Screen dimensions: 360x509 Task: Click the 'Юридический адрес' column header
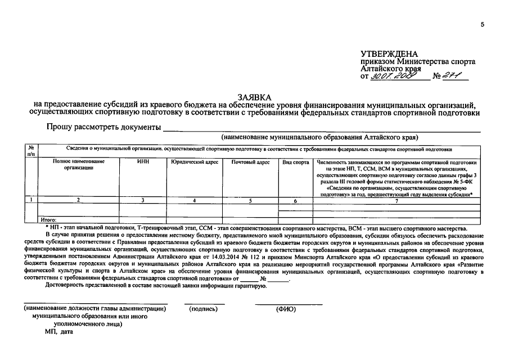tap(193, 162)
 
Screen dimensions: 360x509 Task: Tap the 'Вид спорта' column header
tap(295, 162)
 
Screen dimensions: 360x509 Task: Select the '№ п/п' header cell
tap(31, 150)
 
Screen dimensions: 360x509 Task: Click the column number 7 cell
tap(396, 200)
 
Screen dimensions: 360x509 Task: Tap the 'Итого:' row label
tap(49, 220)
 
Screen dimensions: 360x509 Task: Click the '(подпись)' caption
tap(204, 309)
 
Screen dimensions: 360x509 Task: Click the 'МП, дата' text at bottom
tap(59, 332)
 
